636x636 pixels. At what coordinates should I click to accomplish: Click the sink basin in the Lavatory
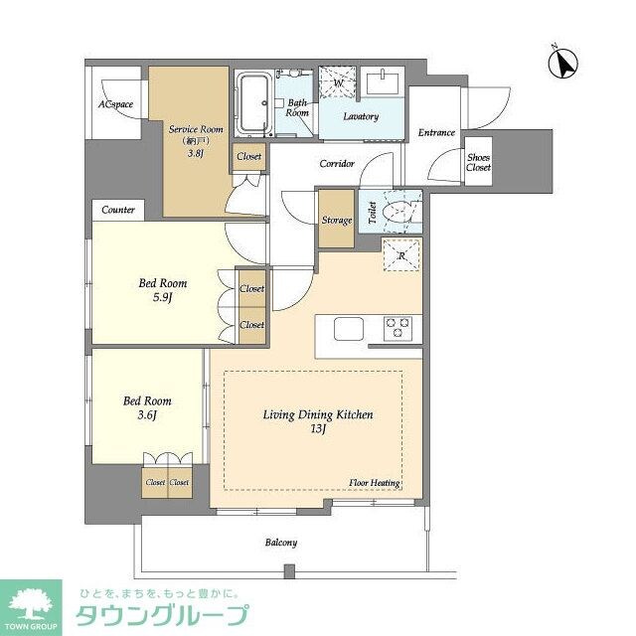[x=380, y=81]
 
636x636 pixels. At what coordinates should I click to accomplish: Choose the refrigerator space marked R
[x=401, y=255]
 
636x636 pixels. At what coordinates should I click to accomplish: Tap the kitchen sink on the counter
[x=349, y=328]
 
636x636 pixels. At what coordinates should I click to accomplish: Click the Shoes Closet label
[x=479, y=161]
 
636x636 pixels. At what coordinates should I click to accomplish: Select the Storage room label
[x=336, y=220]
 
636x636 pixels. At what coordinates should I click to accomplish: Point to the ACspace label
[x=115, y=104]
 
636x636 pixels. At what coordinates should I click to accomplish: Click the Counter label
[x=118, y=210]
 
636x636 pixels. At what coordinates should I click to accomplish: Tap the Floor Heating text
[x=374, y=483]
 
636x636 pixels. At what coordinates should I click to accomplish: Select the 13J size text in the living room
[x=317, y=429]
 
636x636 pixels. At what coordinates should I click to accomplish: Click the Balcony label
[x=281, y=543]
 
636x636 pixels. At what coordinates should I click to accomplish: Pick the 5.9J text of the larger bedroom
[x=162, y=297]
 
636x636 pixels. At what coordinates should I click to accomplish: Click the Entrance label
[x=436, y=133]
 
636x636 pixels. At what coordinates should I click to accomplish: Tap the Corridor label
[x=337, y=163]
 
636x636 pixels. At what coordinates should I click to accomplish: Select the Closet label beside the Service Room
[x=248, y=157]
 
